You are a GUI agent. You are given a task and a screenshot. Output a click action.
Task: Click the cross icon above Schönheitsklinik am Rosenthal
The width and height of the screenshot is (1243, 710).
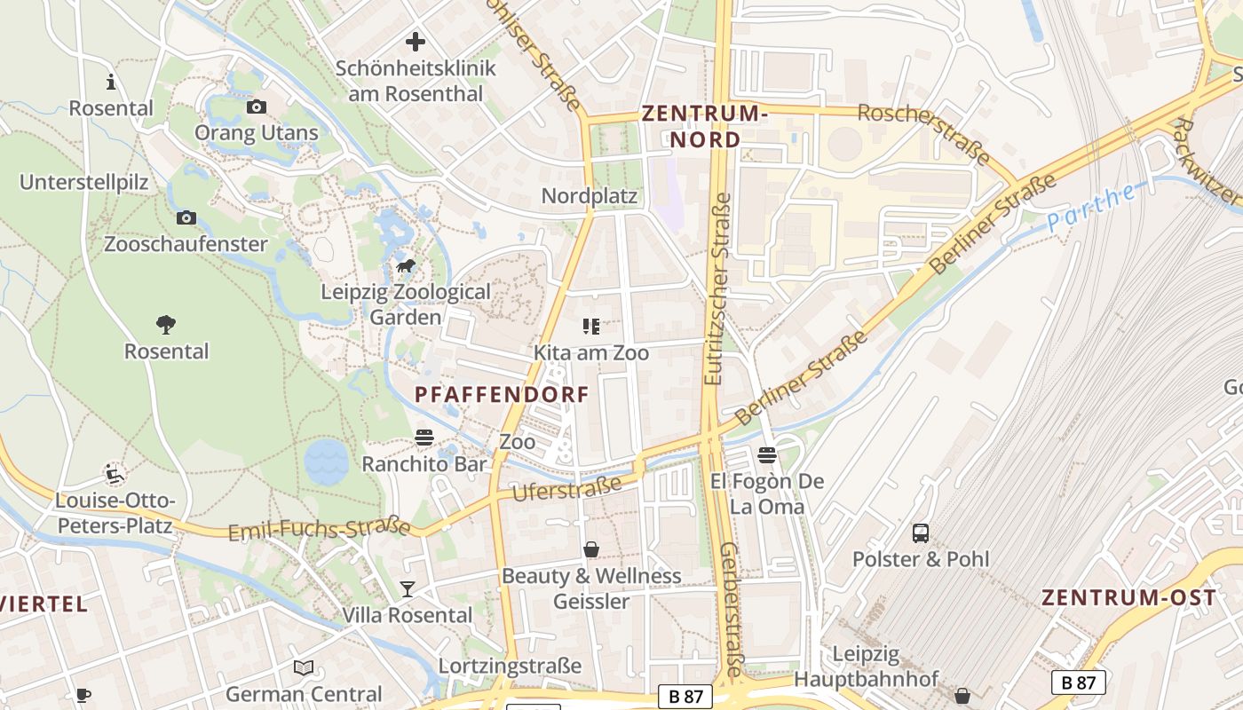point(415,42)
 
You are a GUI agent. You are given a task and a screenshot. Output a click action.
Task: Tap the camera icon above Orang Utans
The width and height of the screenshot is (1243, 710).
point(257,107)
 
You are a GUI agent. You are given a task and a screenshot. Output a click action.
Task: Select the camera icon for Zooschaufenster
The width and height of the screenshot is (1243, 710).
point(186,218)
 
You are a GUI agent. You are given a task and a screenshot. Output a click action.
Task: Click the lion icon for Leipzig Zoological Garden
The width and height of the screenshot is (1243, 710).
point(406,266)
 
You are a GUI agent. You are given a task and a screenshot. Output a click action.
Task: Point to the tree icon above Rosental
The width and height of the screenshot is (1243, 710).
point(166,325)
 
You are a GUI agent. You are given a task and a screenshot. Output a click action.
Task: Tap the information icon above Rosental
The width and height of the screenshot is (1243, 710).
point(111,83)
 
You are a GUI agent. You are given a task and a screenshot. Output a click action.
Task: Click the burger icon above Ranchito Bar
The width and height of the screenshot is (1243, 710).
point(424,438)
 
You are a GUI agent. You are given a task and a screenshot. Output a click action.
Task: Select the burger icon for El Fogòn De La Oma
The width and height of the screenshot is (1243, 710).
point(767,455)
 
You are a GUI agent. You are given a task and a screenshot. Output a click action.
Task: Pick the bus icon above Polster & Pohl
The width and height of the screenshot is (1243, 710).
point(921,533)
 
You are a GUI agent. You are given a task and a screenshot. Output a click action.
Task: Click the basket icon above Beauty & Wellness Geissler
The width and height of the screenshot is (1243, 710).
point(591,550)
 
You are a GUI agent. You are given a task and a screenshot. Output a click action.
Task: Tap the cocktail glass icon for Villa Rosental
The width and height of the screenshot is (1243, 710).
point(408,589)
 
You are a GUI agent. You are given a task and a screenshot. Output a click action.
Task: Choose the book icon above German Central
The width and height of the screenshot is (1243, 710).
point(304,667)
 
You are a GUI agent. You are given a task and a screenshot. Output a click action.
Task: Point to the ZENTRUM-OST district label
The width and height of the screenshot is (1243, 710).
point(1128,597)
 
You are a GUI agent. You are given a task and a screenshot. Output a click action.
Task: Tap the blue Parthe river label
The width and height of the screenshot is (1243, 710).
point(1091,208)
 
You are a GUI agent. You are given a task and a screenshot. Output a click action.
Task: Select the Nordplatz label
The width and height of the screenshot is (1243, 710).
point(590,196)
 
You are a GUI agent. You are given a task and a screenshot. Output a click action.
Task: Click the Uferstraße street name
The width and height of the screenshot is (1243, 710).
point(566,487)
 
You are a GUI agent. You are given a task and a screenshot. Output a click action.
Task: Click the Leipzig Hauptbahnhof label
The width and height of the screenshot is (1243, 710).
point(866,667)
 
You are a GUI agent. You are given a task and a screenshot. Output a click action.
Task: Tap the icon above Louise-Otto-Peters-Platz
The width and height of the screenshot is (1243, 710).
point(113,474)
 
